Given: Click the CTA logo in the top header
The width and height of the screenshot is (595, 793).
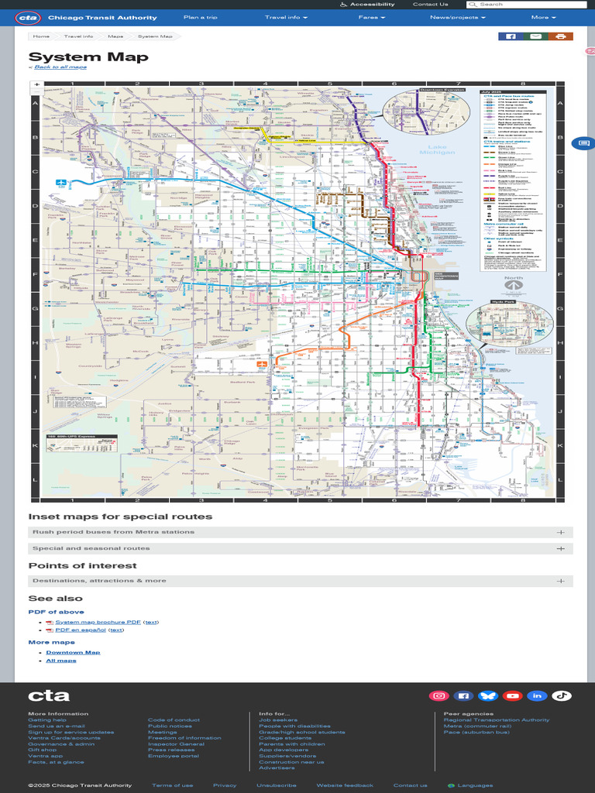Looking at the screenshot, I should (28, 17).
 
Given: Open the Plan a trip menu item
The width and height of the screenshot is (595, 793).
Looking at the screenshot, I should (200, 17).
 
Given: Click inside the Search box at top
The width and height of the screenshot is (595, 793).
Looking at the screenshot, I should (531, 5).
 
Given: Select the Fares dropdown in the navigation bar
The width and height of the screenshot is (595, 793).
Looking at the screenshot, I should (370, 17).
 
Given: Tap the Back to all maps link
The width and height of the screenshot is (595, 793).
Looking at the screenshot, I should (60, 67).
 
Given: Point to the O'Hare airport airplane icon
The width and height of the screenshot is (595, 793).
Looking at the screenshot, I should (61, 183).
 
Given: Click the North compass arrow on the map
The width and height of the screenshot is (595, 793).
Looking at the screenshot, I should (513, 285).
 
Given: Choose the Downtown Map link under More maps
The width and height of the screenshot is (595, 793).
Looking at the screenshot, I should (73, 652).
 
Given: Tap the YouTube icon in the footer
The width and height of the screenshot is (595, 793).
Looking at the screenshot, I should (512, 695).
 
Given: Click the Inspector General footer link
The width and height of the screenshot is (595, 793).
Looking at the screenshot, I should (176, 744).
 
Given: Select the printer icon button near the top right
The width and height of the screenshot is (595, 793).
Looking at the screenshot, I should (560, 36).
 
